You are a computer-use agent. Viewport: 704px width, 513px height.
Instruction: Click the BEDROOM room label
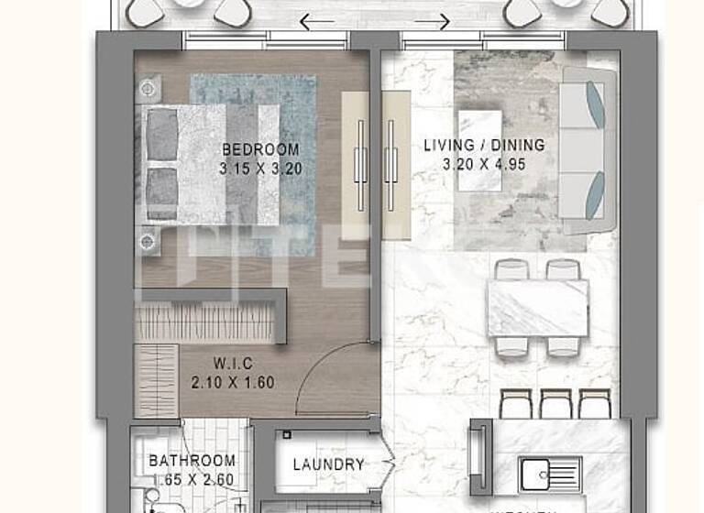tap(260, 150)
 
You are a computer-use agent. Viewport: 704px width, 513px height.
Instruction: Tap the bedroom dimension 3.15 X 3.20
tap(260, 169)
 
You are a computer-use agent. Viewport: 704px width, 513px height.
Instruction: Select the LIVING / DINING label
tap(484, 146)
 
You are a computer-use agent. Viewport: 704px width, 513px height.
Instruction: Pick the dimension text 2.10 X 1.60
tap(233, 384)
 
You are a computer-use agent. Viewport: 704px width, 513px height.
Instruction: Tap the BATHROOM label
tap(192, 461)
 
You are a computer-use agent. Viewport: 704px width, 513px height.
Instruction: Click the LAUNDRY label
tap(328, 464)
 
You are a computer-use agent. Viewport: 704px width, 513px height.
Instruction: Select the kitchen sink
tap(550, 474)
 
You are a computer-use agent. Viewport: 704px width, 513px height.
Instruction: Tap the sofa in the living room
tap(587, 151)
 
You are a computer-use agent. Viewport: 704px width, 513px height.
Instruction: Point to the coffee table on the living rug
tap(480, 151)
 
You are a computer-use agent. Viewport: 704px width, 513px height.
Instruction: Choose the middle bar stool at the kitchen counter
tap(556, 404)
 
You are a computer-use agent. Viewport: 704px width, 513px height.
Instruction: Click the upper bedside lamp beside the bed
tap(147, 89)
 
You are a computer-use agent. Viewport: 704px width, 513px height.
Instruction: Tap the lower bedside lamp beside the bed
tap(147, 240)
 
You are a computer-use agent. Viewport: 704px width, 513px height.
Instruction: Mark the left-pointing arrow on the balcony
tap(317, 21)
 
